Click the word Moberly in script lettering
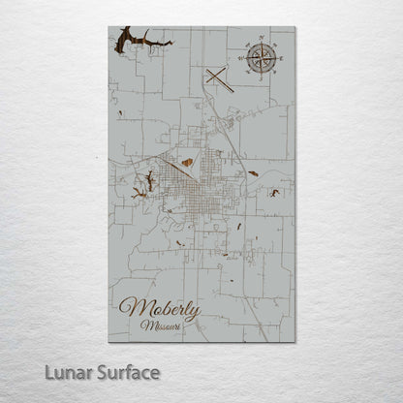click(x=160, y=309)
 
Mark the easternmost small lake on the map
click(x=275, y=193)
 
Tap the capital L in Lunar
click(x=48, y=371)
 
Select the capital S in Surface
click(x=105, y=371)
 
